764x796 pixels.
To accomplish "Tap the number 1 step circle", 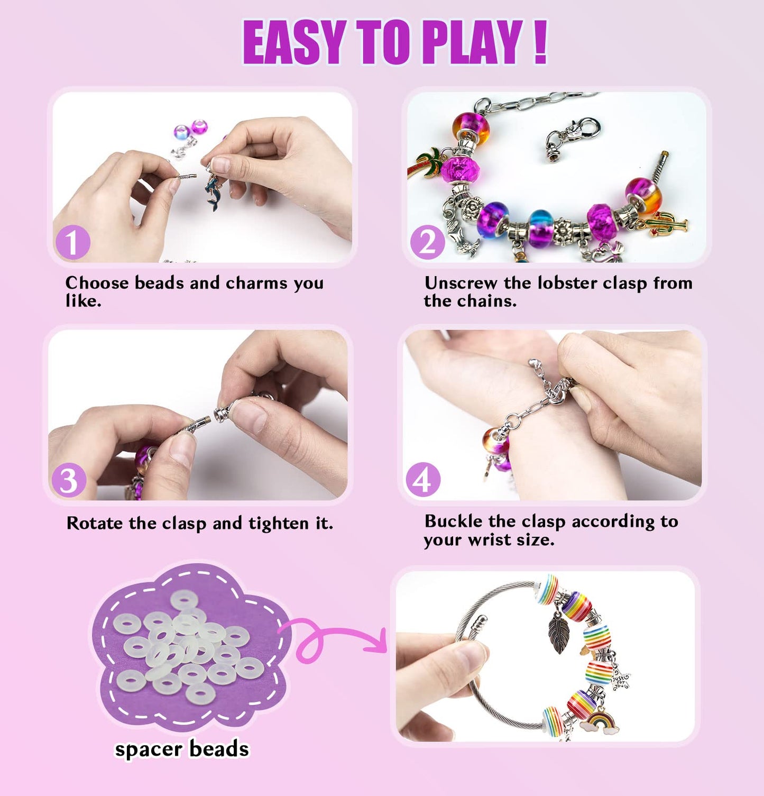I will coord(72,243).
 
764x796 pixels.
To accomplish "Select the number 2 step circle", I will coord(427,243).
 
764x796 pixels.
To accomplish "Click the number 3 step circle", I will coord(69,480).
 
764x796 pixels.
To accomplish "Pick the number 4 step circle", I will coord(422,480).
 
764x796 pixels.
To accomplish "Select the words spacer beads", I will coord(182,749).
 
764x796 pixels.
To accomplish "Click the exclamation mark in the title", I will coord(539,42).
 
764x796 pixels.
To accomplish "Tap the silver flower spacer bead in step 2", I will coord(560,228).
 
